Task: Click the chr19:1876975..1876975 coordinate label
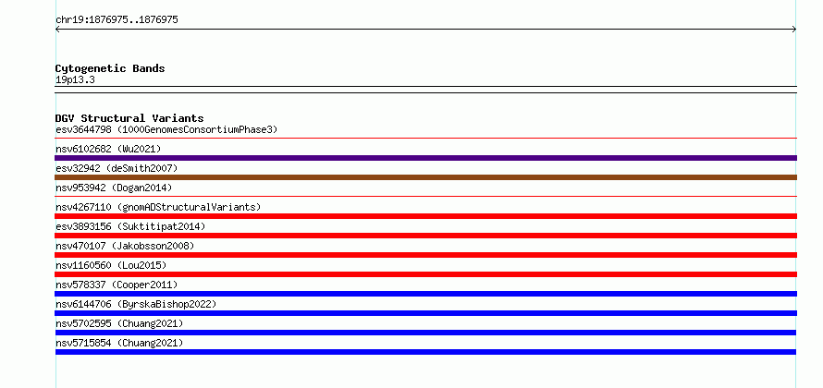[117, 20]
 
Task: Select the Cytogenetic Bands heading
[110, 68]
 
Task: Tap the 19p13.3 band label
[75, 80]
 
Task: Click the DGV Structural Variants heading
[129, 118]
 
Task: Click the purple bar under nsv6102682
[425, 158]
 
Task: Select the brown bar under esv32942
[425, 177]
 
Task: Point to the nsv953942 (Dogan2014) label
[114, 188]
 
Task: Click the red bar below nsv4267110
[425, 216]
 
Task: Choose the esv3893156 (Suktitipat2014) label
[130, 226]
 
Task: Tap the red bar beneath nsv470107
[425, 255]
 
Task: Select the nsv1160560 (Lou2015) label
[111, 265]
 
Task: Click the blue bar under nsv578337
[425, 294]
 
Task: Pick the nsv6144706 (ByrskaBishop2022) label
[136, 304]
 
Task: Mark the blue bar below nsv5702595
[425, 333]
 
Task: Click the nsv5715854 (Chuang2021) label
[119, 343]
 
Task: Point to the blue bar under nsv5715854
[425, 352]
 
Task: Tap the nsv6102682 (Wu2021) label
[108, 149]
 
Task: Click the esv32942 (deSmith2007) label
[117, 168]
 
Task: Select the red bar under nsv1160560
[425, 274]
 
